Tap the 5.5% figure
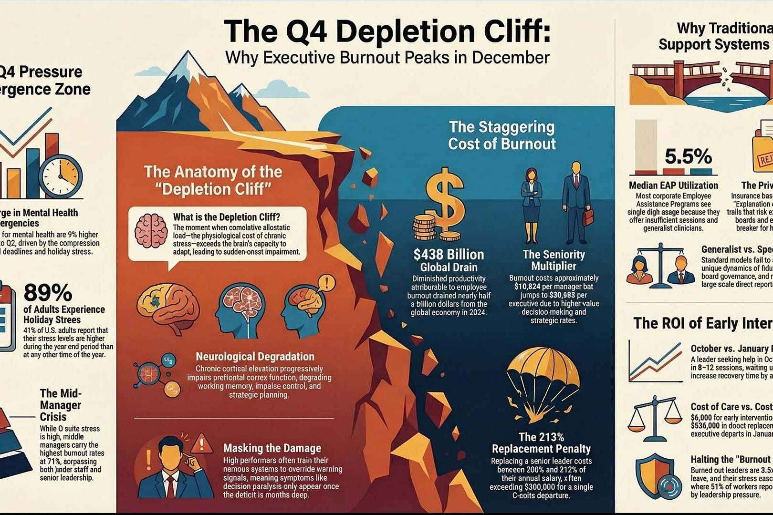coord(688,156)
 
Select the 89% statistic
coord(48,292)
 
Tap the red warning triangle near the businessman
coord(201,443)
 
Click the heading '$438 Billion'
coord(449,254)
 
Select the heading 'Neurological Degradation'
coord(255,356)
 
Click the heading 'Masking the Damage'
coord(272,448)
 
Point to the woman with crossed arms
coord(531,205)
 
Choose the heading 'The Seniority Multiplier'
coord(554,260)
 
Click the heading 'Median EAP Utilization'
coord(673,185)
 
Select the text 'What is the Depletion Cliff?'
coord(227,217)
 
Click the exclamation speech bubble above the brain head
coord(326,283)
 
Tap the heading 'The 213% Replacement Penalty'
coord(541,443)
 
